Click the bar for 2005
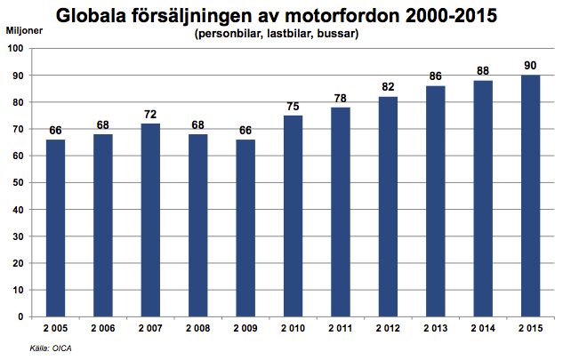(54, 228)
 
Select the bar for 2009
(245, 228)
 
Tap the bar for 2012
(388, 206)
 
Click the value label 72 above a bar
(149, 116)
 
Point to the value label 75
(293, 108)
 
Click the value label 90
(530, 68)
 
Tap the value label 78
(340, 100)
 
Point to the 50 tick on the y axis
(19, 182)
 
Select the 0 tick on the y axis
(21, 316)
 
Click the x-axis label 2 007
(149, 329)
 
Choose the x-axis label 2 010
(293, 329)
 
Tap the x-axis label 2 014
(483, 329)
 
